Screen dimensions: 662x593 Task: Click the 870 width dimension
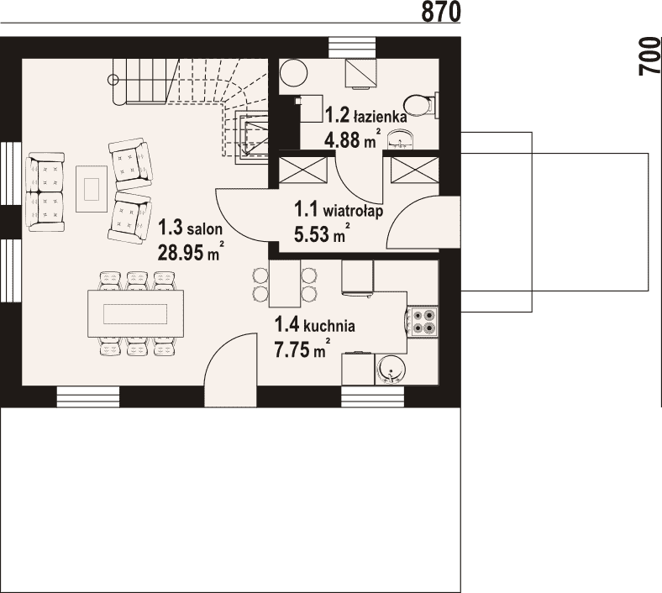(x=441, y=12)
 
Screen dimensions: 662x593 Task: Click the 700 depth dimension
(x=650, y=56)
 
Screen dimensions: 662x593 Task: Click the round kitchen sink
(x=391, y=370)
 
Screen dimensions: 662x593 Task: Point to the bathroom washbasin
(x=399, y=139)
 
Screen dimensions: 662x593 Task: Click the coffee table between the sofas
(x=92, y=189)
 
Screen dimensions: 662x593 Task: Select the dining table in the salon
(x=135, y=313)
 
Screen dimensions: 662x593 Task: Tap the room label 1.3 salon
(x=190, y=228)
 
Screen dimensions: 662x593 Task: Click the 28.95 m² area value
(x=190, y=252)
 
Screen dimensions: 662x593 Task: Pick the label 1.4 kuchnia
(x=314, y=325)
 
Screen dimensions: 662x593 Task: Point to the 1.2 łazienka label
(x=365, y=115)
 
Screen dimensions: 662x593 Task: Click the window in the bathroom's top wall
(x=352, y=45)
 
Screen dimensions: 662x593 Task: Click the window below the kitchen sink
(x=373, y=396)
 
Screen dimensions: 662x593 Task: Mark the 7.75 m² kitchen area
(x=302, y=349)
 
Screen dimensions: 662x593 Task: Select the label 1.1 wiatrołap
(x=339, y=209)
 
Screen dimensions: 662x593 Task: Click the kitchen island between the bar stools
(x=285, y=284)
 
